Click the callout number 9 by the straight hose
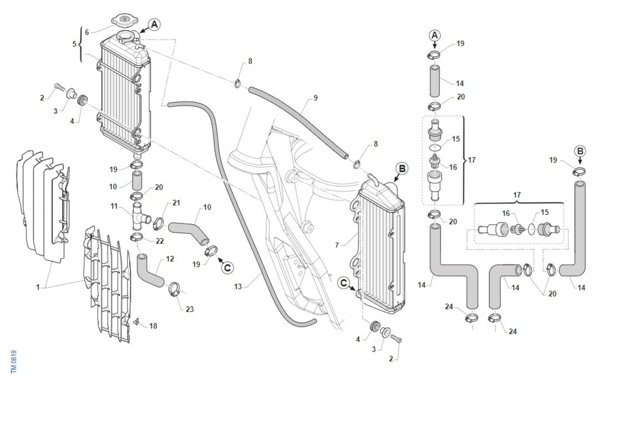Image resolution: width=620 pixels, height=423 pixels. pyautogui.click(x=316, y=97)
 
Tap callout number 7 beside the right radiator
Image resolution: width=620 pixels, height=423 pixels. pyautogui.click(x=336, y=244)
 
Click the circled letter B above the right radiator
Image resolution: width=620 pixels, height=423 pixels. pyautogui.click(x=402, y=168)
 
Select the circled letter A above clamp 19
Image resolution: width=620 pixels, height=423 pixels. pyautogui.click(x=435, y=35)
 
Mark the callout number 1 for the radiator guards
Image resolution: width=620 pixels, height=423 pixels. pyautogui.click(x=38, y=287)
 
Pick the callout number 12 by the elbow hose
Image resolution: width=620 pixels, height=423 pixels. pyautogui.click(x=171, y=258)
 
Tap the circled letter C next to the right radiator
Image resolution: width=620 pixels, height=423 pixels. pyautogui.click(x=344, y=282)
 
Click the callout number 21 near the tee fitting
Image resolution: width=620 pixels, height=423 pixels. pyautogui.click(x=176, y=203)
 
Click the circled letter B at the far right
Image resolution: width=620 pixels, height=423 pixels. pyautogui.click(x=580, y=151)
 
